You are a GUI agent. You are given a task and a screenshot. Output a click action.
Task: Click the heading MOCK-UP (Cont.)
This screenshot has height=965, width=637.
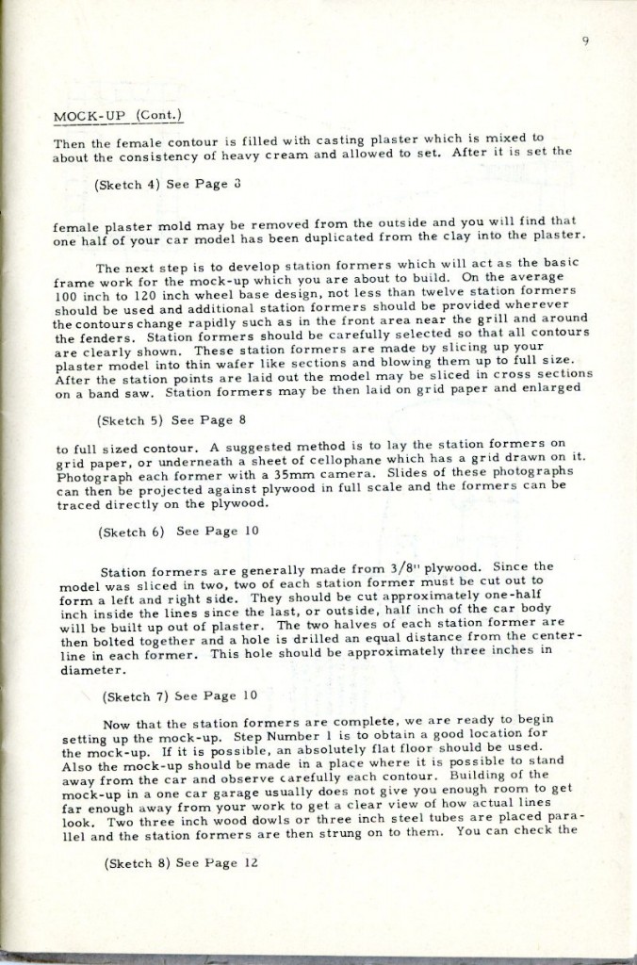coord(117,117)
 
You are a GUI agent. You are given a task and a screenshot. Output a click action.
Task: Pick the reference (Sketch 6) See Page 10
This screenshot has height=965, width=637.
coord(166,531)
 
